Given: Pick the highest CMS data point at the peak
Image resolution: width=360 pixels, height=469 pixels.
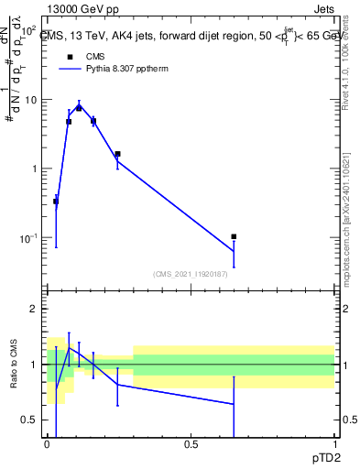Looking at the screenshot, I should [x=79, y=108].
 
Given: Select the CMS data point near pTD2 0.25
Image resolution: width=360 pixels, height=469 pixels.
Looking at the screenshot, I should [x=117, y=154].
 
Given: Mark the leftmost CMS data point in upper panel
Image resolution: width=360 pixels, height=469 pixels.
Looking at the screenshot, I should [x=56, y=201].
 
